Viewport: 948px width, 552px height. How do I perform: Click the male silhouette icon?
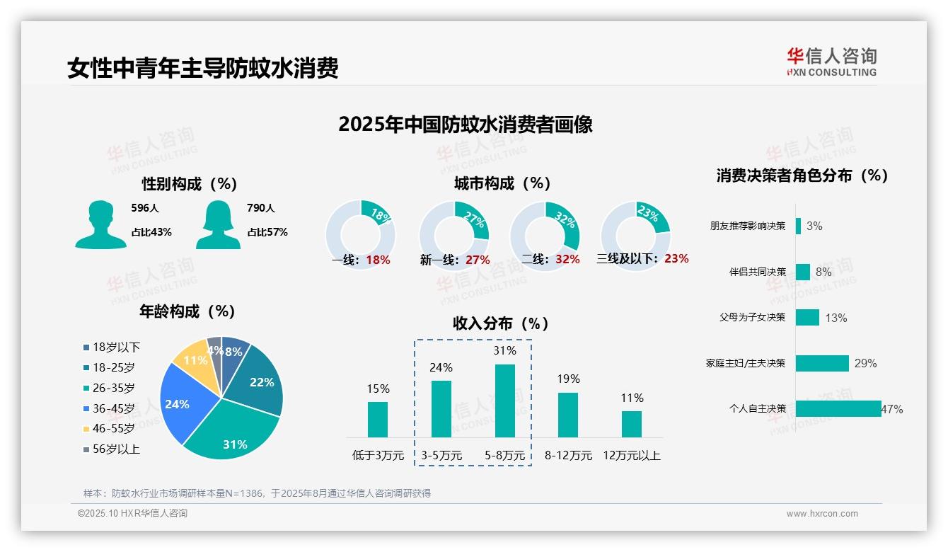pyautogui.click(x=100, y=224)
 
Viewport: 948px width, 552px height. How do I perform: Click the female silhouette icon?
pyautogui.click(x=218, y=224)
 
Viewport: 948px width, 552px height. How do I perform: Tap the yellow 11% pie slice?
pyautogui.click(x=192, y=361)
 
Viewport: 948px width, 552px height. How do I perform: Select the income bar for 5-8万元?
pyautogui.click(x=505, y=401)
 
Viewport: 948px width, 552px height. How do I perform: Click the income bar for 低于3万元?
pyautogui.click(x=378, y=419)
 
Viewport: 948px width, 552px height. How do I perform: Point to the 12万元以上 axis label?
pyautogui.click(x=631, y=456)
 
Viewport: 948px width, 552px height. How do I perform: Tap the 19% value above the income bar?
pyautogui.click(x=567, y=379)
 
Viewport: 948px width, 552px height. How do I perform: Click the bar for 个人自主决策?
pyautogui.click(x=838, y=408)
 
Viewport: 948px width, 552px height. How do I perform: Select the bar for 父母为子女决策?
pyautogui.click(x=807, y=317)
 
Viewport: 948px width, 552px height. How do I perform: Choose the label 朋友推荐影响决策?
pyautogui.click(x=748, y=226)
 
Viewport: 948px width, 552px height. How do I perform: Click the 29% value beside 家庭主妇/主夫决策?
pyautogui.click(x=865, y=363)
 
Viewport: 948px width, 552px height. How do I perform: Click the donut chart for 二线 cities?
pyautogui.click(x=545, y=226)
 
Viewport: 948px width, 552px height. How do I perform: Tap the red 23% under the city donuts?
pyautogui.click(x=676, y=259)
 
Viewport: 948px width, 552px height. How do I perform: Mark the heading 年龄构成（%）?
pyautogui.click(x=187, y=311)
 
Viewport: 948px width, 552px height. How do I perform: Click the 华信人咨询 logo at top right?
pyautogui.click(x=831, y=62)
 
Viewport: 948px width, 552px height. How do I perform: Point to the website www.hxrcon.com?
pyautogui.click(x=822, y=514)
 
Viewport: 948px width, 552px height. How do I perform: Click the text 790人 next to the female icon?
pyautogui.click(x=260, y=208)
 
